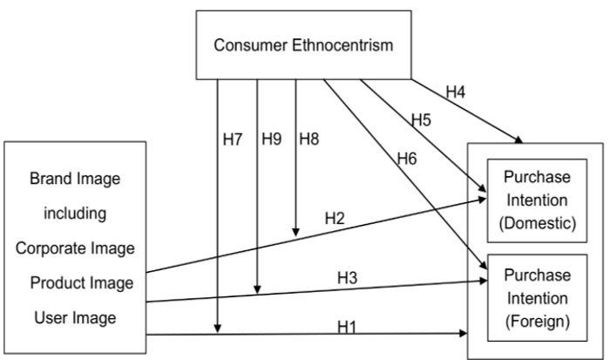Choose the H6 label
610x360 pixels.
click(406, 159)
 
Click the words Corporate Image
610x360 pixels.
click(74, 248)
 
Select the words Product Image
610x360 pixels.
click(74, 282)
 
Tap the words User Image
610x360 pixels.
click(74, 317)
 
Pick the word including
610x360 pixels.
click(74, 214)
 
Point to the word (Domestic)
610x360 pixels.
click(531, 224)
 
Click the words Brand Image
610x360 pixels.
click(74, 179)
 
